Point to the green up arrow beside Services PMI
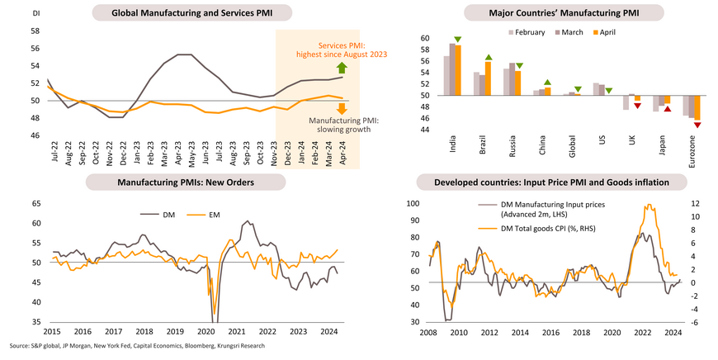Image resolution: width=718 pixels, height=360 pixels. coord(341,68)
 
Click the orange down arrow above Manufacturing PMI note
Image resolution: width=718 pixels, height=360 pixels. coord(341,108)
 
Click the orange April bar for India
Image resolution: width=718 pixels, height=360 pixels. coord(457,70)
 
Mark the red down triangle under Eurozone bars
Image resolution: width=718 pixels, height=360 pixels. coord(697,125)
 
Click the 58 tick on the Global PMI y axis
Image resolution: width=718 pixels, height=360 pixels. coord(35,31)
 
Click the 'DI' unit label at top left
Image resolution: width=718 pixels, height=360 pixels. coord(35,13)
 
